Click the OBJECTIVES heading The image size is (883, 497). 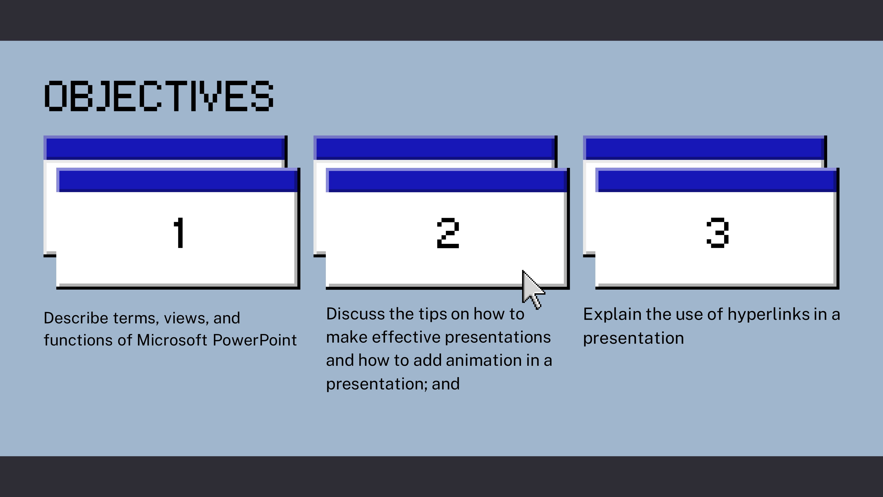tap(159, 96)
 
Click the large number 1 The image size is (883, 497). tap(179, 233)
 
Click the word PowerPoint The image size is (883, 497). tap(255, 340)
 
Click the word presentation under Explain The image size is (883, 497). tap(634, 339)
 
